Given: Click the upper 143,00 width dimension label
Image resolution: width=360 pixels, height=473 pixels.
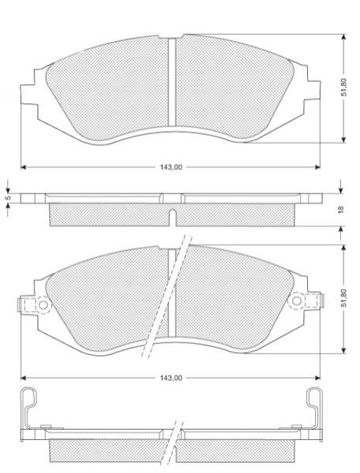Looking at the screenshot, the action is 171,167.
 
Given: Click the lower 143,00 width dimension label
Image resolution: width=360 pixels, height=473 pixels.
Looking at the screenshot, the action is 171,377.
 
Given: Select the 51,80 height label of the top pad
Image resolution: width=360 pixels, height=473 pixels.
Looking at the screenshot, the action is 344,87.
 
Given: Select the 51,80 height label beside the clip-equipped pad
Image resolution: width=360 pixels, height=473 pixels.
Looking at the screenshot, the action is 344,298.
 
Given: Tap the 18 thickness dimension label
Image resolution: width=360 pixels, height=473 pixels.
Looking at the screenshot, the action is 341,210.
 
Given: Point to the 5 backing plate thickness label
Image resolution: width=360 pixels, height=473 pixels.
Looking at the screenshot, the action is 9,198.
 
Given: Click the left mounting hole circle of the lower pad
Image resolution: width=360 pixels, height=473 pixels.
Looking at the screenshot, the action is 43,305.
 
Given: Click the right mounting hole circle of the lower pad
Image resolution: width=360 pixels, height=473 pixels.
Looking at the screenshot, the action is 297,300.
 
